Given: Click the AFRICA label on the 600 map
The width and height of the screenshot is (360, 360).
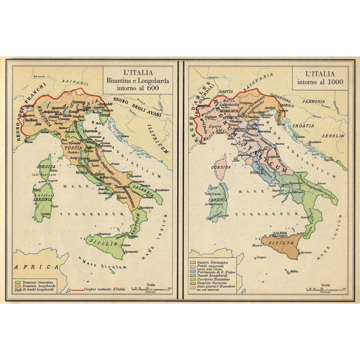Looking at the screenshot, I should click(x=35, y=267).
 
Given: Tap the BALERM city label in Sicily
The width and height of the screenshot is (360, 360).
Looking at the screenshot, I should click(x=280, y=233).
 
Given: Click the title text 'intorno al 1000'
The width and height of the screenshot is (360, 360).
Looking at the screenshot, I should click(x=319, y=81).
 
